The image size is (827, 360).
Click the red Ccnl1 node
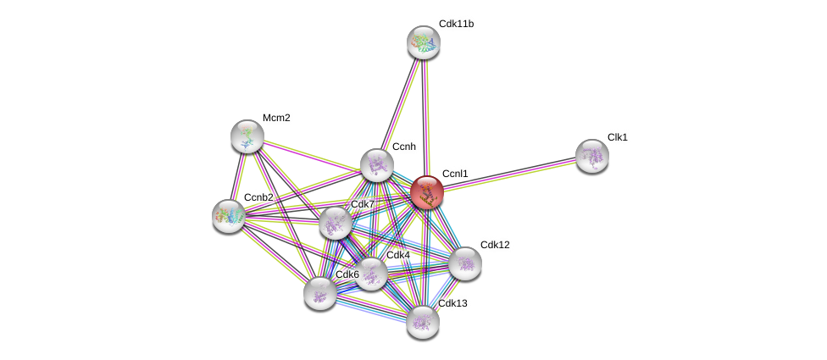click(x=427, y=192)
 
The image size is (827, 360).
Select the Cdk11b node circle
click(x=423, y=42)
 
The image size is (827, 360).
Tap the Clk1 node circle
click(x=591, y=155)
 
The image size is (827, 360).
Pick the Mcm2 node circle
click(x=247, y=136)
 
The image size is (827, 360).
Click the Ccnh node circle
click(x=376, y=165)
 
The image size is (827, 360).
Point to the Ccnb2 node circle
click(x=229, y=216)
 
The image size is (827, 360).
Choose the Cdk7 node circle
click(x=336, y=223)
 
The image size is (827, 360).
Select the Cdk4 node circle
click(x=371, y=273)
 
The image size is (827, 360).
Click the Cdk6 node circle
click(x=319, y=293)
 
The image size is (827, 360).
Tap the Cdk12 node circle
click(x=465, y=263)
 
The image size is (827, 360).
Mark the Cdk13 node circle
click(x=422, y=321)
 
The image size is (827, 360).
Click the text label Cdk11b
click(x=456, y=24)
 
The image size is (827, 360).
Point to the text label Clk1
click(x=617, y=137)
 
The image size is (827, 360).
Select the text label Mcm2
click(x=276, y=118)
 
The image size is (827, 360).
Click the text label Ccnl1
click(x=455, y=174)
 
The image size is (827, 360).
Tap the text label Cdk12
click(x=495, y=245)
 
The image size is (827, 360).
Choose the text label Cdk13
click(x=452, y=303)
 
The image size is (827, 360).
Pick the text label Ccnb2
click(x=258, y=197)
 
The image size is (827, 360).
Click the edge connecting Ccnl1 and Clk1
click(x=509, y=174)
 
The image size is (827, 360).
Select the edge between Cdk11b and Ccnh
click(x=400, y=103)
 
